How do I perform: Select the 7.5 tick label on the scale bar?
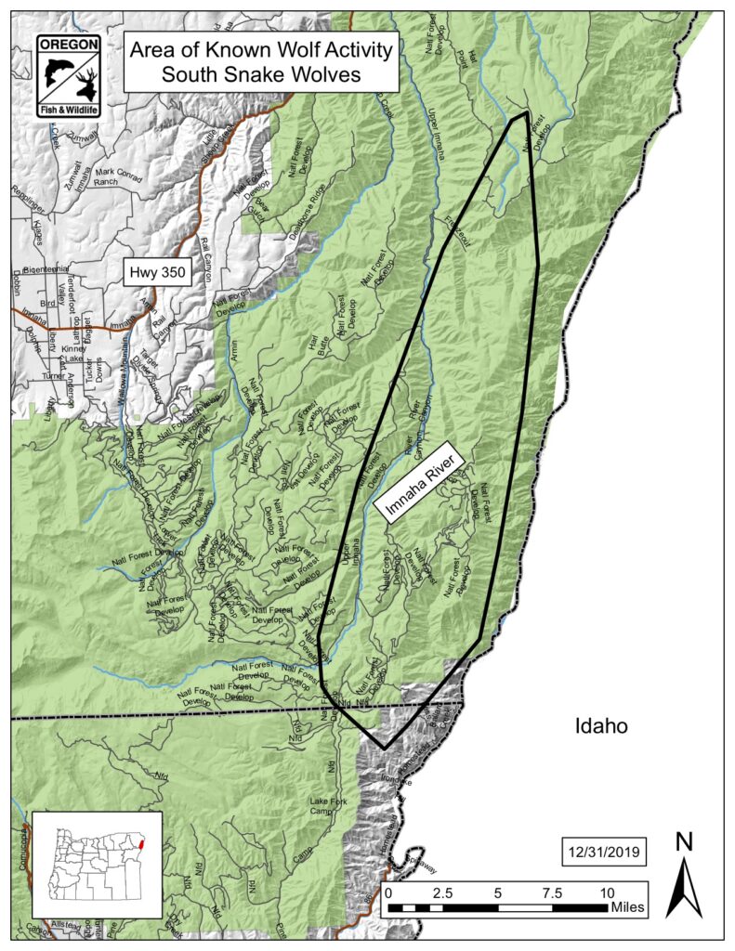[552, 892]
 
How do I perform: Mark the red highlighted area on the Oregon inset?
[140, 843]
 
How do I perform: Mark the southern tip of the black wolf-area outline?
[385, 748]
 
